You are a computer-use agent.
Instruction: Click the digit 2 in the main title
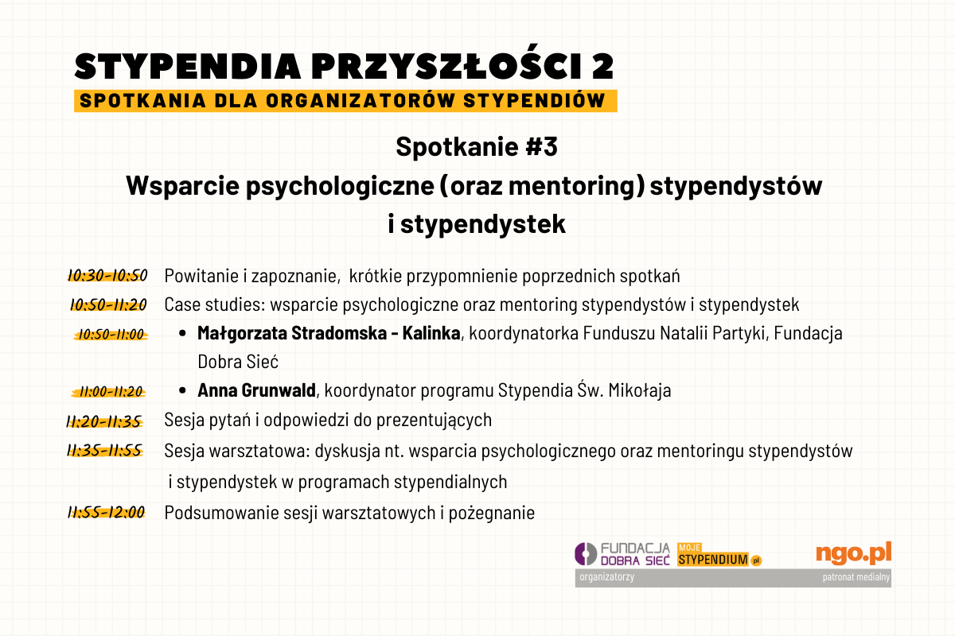coord(602,67)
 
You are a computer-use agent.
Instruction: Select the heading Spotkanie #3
coord(477,146)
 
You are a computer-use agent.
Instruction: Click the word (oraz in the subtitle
coord(471,186)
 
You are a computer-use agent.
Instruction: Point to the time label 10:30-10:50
coord(107,276)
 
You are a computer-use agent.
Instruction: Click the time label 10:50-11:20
coord(108,304)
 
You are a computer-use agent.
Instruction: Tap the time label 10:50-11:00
coord(111,335)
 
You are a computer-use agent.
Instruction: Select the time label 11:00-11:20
coord(109,391)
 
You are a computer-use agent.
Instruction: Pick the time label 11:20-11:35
coord(104,421)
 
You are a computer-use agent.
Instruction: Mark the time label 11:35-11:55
coord(105,450)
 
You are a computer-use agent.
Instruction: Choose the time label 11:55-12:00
coord(107,512)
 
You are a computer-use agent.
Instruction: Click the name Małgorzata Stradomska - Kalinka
coord(329,333)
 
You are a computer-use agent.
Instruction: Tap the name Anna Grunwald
coord(256,390)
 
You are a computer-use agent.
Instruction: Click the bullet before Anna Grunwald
coord(182,390)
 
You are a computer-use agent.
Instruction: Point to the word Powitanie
coord(201,276)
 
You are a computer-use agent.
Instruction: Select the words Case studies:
coord(215,304)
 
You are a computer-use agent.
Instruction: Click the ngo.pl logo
coord(853,553)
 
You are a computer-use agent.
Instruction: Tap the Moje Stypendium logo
coord(719,555)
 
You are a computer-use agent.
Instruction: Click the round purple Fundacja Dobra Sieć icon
coord(586,554)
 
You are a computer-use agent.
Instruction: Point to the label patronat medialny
coord(856,577)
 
